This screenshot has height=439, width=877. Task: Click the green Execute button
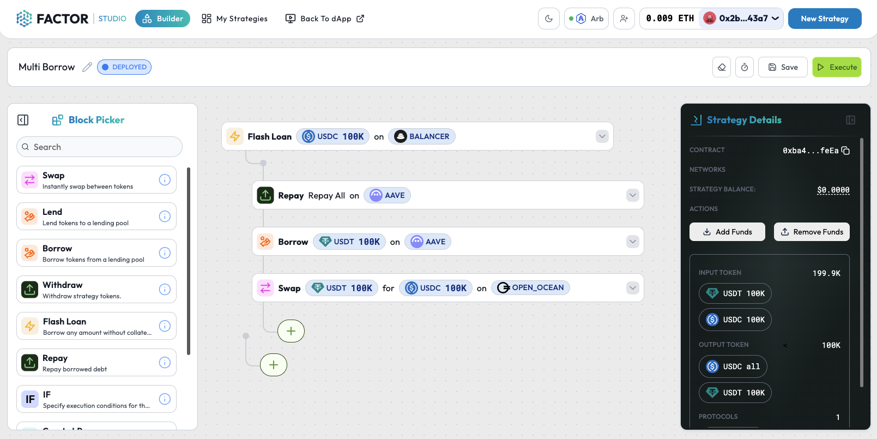(837, 67)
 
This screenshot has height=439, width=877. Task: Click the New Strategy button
(824, 19)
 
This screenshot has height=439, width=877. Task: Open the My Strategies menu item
(234, 19)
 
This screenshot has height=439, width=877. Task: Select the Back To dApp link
(325, 19)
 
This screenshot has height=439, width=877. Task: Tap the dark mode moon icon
(548, 19)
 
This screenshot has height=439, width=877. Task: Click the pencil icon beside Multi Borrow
(87, 67)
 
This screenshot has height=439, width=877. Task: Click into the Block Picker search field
(99, 147)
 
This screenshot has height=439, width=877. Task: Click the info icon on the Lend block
(165, 217)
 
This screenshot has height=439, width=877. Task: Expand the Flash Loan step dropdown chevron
(602, 136)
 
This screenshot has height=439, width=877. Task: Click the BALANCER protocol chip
(422, 136)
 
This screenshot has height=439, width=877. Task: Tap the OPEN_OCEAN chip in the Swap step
(530, 288)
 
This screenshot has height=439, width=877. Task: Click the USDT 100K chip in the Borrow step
(349, 242)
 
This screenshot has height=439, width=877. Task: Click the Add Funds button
(727, 232)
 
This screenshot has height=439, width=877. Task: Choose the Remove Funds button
(812, 232)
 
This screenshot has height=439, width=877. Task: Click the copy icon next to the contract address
(845, 151)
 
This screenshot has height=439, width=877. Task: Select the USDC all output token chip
(733, 366)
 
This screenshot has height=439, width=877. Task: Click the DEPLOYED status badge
(124, 67)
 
